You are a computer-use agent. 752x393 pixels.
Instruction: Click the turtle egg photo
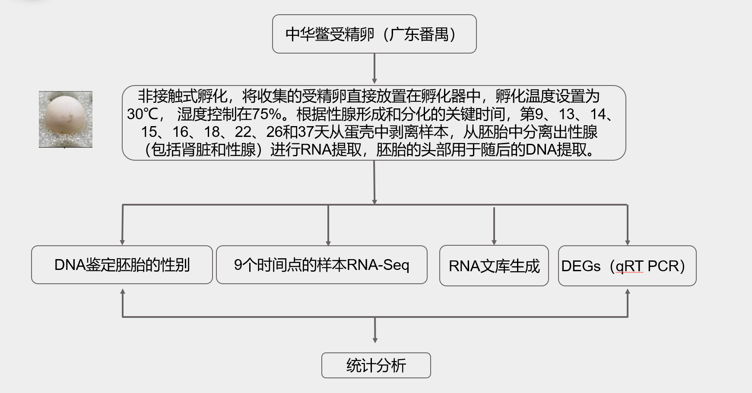click(x=66, y=119)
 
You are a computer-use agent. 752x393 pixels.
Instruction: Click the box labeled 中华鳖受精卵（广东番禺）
click(x=374, y=34)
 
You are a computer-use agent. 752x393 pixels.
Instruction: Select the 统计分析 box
click(x=376, y=365)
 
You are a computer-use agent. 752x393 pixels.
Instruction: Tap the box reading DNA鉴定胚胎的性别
click(x=122, y=265)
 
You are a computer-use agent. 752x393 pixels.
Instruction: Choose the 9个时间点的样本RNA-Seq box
click(x=321, y=265)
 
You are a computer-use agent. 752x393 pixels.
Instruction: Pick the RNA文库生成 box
click(x=494, y=266)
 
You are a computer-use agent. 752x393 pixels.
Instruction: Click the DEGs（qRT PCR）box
click(x=627, y=266)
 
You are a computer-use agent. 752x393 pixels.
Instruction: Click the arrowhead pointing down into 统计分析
click(x=375, y=339)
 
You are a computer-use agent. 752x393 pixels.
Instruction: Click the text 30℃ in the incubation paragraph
click(x=143, y=114)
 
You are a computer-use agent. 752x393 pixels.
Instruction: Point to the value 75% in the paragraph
click(x=266, y=114)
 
